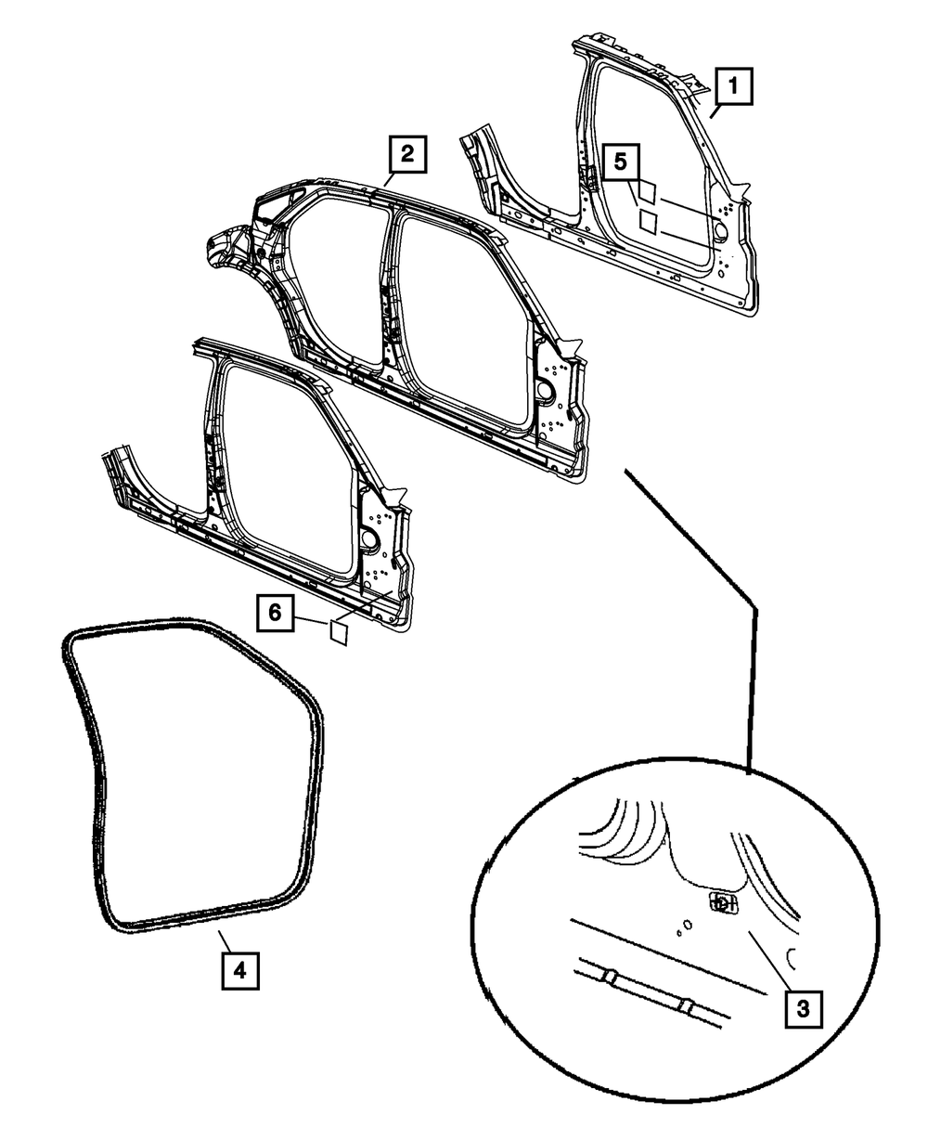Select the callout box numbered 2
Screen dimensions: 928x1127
pos(408,153)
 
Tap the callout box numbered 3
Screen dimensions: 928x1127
pos(803,1007)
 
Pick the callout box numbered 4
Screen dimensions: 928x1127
pos(238,970)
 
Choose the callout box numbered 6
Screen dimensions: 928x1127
pos(274,612)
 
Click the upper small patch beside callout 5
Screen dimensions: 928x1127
pos(648,192)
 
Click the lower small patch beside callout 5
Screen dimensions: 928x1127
pos(648,221)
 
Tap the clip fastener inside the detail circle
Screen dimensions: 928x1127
pos(722,901)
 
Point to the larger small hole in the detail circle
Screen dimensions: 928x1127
pos(687,925)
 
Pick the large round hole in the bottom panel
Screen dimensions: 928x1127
pos(368,538)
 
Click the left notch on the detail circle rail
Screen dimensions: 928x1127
pos(612,978)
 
